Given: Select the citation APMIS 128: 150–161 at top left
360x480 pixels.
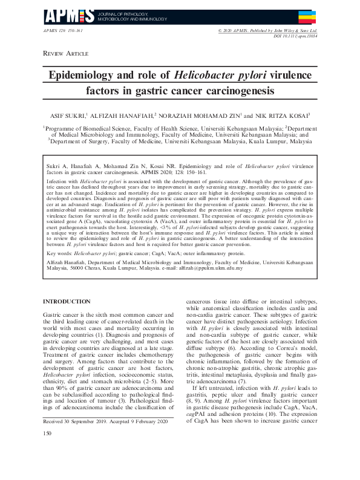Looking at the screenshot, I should (x=64, y=30).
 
